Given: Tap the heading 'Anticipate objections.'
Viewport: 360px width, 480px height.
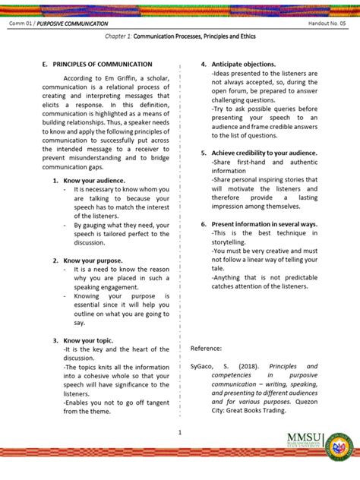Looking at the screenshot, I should [x=243, y=65].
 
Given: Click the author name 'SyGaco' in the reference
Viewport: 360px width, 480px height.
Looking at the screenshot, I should [x=205, y=366].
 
